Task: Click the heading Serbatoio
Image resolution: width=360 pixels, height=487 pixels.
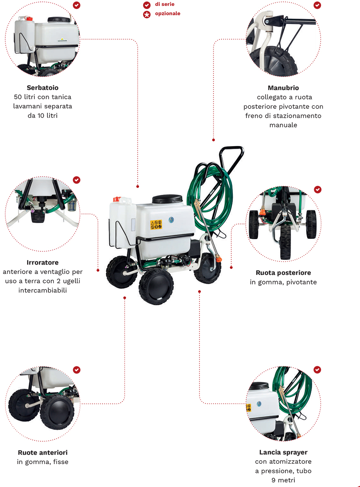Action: (42, 88)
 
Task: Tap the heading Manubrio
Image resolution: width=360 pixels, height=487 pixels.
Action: (283, 88)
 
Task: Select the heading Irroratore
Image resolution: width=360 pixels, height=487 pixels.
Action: (42, 263)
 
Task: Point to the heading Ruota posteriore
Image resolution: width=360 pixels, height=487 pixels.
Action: (283, 273)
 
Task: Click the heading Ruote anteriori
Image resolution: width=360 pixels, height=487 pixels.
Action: (42, 453)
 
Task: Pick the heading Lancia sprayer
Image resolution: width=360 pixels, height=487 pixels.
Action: (283, 452)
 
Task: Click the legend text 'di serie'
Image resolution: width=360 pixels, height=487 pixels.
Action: (165, 4)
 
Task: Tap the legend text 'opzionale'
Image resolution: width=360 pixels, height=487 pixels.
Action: (168, 14)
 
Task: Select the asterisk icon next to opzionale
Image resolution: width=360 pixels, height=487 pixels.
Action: (147, 14)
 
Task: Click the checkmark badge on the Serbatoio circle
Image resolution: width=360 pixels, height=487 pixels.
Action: (76, 5)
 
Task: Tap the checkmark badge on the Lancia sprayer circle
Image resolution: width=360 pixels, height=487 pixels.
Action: (317, 370)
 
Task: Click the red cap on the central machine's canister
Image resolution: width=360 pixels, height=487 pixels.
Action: (117, 199)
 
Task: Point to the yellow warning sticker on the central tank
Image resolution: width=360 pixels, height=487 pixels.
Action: (156, 224)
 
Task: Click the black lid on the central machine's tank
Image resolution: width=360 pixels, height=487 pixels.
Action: (167, 199)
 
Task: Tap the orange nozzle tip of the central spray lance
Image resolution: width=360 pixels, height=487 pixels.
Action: (218, 258)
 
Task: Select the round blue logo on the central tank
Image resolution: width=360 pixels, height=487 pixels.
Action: (171, 220)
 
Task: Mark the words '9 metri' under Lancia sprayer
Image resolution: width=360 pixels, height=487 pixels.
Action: (283, 480)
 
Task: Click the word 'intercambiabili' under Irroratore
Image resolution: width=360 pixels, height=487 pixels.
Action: (42, 291)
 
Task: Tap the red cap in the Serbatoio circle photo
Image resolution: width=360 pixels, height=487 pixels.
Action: (29, 19)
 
